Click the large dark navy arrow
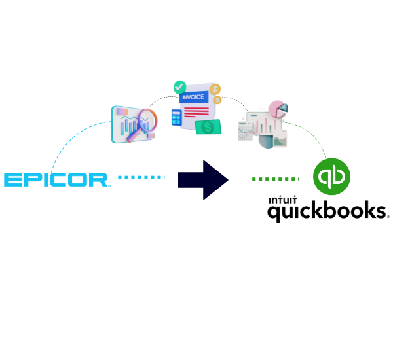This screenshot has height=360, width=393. [203, 180]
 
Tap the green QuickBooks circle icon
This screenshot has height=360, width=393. [331, 177]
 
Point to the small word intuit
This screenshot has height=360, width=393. [283, 200]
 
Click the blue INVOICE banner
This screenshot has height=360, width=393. [194, 97]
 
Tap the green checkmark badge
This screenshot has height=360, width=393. [179, 87]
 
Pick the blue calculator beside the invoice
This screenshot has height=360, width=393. [176, 117]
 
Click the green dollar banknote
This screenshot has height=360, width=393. [208, 127]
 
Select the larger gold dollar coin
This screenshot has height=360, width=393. [215, 89]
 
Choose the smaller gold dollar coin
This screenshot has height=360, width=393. [217, 100]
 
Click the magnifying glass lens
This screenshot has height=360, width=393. [147, 120]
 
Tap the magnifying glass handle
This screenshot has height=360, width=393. [133, 136]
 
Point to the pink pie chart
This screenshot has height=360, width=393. [276, 109]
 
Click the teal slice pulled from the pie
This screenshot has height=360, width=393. [284, 108]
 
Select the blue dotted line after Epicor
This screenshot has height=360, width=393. [141, 177]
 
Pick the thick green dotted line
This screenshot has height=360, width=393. [275, 179]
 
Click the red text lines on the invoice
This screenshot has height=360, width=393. [196, 112]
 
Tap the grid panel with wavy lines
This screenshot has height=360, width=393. [246, 132]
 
